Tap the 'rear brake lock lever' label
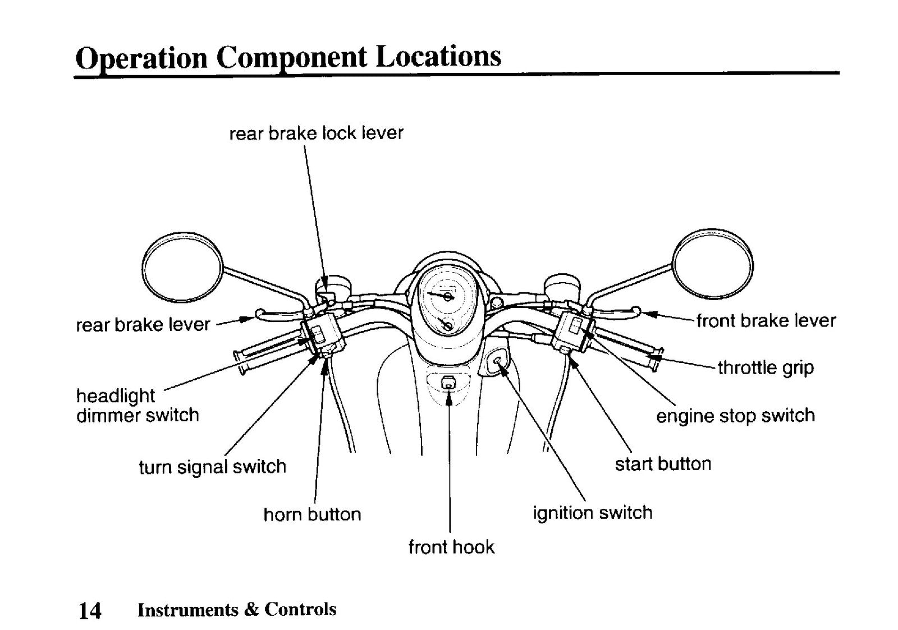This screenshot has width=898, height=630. (317, 133)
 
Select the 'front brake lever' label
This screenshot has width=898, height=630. (766, 321)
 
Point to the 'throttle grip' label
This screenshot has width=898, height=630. (766, 367)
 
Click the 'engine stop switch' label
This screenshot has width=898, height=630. (736, 416)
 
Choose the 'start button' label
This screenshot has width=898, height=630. (663, 464)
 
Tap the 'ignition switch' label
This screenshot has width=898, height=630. (593, 513)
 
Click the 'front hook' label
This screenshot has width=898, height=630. (451, 547)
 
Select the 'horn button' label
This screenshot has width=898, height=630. (312, 514)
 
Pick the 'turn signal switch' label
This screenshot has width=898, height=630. (213, 467)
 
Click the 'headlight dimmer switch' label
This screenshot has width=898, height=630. (138, 405)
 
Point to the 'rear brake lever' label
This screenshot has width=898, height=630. (143, 325)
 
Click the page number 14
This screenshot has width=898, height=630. (90, 611)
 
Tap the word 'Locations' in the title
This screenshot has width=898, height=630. (438, 57)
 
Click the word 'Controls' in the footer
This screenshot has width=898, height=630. (300, 609)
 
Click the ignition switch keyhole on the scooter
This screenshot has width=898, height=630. (497, 361)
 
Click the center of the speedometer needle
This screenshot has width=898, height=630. (447, 296)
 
